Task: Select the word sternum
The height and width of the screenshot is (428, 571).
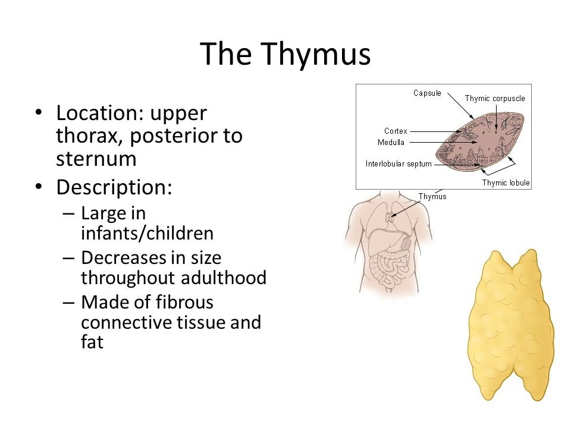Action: pyautogui.click(x=96, y=159)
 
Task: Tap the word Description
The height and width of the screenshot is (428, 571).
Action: pyautogui.click(x=114, y=187)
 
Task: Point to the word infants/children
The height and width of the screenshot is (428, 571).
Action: pyautogui.click(x=147, y=233)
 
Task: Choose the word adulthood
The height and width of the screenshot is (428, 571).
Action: pyautogui.click(x=224, y=278)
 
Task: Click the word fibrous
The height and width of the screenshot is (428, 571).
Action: pyautogui.click(x=184, y=302)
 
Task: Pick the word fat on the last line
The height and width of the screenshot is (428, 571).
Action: pyautogui.click(x=92, y=342)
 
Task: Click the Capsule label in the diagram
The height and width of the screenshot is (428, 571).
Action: pyautogui.click(x=427, y=93)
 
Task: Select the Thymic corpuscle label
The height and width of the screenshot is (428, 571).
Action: pyautogui.click(x=495, y=99)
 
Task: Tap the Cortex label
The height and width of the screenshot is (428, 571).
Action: pyautogui.click(x=396, y=131)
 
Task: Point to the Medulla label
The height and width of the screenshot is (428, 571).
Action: pyautogui.click(x=391, y=142)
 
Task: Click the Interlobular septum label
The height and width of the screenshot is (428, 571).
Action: pyautogui.click(x=399, y=164)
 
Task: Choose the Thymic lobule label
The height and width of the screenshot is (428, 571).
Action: pyautogui.click(x=506, y=182)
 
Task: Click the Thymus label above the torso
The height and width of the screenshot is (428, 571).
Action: pyautogui.click(x=432, y=197)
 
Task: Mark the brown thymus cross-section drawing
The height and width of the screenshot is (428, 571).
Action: pyautogui.click(x=481, y=142)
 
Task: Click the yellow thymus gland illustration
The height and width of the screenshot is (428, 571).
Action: pyautogui.click(x=510, y=325)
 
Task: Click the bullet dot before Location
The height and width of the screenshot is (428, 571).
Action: pyautogui.click(x=39, y=112)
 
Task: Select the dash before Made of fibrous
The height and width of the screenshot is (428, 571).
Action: pyautogui.click(x=68, y=302)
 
